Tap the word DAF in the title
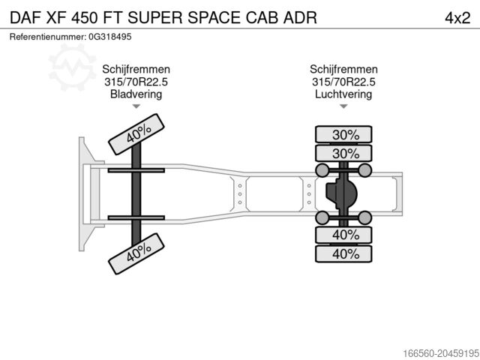(28, 17)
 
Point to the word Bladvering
(136, 94)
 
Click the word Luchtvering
(343, 94)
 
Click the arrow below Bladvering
(136, 106)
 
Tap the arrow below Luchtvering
(343, 106)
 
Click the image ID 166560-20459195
(430, 350)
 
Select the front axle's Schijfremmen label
(136, 69)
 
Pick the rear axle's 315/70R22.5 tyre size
(343, 82)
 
